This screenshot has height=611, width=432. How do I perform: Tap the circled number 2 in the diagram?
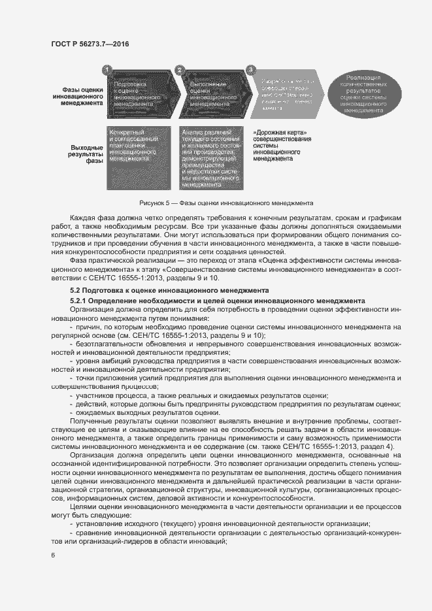[x=179, y=69]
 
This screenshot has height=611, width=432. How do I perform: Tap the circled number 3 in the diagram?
[x=250, y=69]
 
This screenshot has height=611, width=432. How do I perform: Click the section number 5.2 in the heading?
[x=76, y=289]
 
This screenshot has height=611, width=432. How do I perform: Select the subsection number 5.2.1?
[x=80, y=299]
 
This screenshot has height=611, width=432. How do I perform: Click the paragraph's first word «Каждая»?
[x=84, y=216]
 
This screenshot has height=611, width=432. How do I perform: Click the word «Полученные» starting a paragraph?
[x=91, y=421]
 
